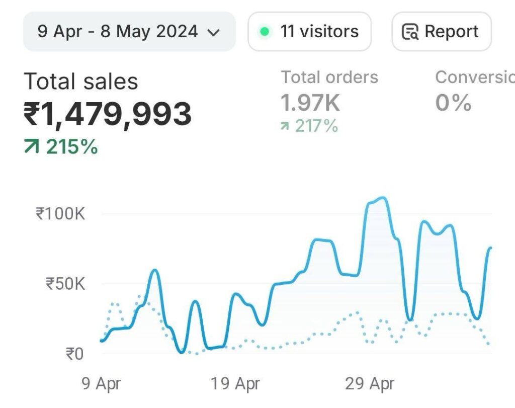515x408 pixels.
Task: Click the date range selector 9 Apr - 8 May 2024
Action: (x=129, y=32)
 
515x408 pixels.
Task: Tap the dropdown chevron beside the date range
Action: (x=214, y=33)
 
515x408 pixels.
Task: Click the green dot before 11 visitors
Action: (x=264, y=32)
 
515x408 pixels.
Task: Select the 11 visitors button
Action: (x=310, y=32)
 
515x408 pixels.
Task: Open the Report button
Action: (x=441, y=32)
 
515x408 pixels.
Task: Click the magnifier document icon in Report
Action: (x=410, y=32)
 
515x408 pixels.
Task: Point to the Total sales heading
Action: (x=81, y=81)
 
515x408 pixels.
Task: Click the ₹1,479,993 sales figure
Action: (x=108, y=114)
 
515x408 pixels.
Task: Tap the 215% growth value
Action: (x=72, y=147)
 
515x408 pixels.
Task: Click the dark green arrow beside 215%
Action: (x=31, y=147)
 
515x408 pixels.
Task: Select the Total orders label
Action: (x=329, y=77)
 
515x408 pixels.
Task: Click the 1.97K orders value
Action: (x=310, y=103)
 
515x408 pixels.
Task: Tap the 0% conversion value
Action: (x=453, y=103)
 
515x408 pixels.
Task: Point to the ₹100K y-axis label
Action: (x=60, y=213)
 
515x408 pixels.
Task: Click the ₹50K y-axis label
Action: (x=65, y=284)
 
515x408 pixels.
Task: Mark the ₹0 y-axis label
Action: (x=74, y=354)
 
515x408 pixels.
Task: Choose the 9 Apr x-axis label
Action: (x=102, y=384)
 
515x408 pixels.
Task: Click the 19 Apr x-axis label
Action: (x=235, y=384)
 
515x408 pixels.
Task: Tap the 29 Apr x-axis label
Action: (x=370, y=384)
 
